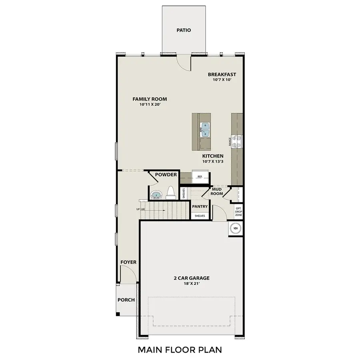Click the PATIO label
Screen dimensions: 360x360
click(184, 30)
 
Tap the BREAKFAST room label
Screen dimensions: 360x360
click(222, 74)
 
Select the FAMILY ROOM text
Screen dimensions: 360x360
click(150, 99)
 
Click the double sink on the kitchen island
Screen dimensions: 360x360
click(206, 130)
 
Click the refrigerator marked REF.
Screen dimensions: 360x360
click(200, 176)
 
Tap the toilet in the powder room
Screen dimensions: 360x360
click(170, 193)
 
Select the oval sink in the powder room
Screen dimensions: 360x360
click(156, 195)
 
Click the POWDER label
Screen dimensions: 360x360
click(166, 175)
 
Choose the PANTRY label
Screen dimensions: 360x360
click(200, 206)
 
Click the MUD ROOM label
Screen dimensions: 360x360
click(217, 191)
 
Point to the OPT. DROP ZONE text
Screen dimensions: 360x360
click(238, 212)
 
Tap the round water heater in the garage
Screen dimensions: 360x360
click(236, 228)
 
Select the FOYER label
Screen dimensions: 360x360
click(128, 262)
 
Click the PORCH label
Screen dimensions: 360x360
click(126, 300)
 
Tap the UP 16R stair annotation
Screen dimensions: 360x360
click(140, 209)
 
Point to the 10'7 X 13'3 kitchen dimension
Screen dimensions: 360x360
click(212, 162)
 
